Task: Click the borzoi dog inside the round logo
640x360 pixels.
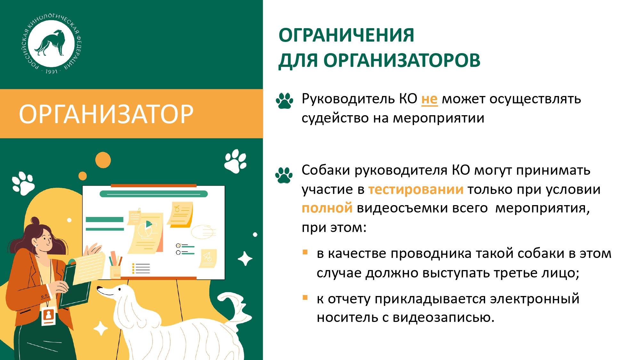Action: coord(51,43)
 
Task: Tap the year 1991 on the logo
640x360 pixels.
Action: coord(51,72)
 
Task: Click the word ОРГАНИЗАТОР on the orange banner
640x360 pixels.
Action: coord(106,114)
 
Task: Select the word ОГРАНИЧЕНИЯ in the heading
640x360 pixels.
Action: coord(346,35)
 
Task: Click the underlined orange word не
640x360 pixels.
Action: coord(429,99)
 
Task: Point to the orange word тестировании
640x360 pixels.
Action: coord(416,189)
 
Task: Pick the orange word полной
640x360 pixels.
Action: coord(327,208)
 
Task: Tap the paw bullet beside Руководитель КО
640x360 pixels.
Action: coord(284,101)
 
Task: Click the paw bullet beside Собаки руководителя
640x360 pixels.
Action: coord(284,175)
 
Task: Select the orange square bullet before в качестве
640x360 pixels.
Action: coord(305,252)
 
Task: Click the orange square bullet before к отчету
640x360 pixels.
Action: coord(305,298)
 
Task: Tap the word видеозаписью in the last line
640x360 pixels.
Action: coord(444,317)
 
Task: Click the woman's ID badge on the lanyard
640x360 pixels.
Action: coord(49,316)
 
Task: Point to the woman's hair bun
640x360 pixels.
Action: coord(35,221)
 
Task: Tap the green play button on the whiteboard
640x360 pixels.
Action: coord(149,224)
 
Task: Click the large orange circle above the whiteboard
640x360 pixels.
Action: coord(103,160)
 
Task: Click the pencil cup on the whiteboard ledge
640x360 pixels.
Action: coord(115,272)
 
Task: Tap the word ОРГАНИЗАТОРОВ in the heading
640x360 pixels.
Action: coord(402,60)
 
